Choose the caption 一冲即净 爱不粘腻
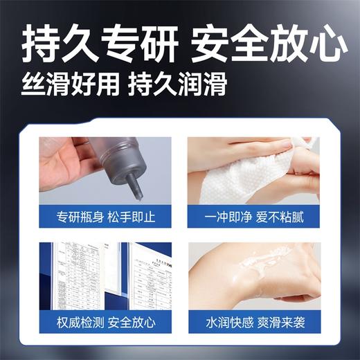[253, 215]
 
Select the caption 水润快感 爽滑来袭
[253, 323]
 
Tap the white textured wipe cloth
[239, 173]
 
